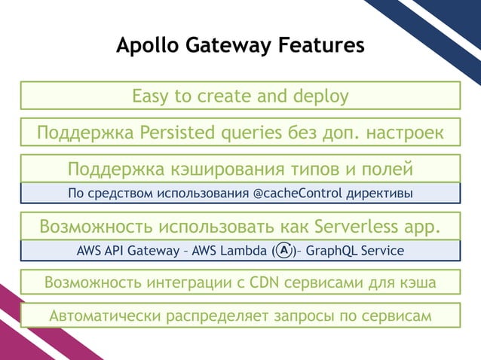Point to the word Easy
[152, 96]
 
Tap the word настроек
[403, 133]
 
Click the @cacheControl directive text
[296, 194]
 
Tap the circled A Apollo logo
[284, 249]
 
